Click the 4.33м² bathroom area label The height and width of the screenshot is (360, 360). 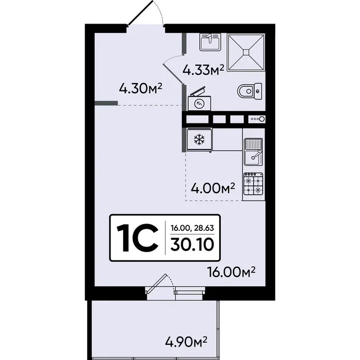pos(203,70)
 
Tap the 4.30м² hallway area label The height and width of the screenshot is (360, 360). pos(140,89)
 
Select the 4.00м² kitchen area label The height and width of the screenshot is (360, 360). pos(213,188)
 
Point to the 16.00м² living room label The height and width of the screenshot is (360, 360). pos(231,272)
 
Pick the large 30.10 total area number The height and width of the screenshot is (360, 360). pos(192,244)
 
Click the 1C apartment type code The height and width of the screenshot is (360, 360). pos(138,238)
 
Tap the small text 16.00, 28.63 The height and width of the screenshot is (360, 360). pos(192,228)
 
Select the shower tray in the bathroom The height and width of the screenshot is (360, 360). pos(246,52)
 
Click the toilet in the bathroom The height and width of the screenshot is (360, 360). pos(249,91)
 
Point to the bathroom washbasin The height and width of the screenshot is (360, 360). pos(210,42)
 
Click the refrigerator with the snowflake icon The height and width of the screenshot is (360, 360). pos(199,140)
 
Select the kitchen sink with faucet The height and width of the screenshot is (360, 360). pos(253,152)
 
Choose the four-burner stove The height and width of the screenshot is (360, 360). pos(253,184)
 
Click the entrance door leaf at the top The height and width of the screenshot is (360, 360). pos(140,12)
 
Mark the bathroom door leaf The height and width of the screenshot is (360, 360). pos(173,74)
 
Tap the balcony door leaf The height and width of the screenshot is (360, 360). pos(156,284)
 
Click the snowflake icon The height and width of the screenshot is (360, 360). pos(199,140)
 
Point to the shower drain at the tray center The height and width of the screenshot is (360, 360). pos(246,52)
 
